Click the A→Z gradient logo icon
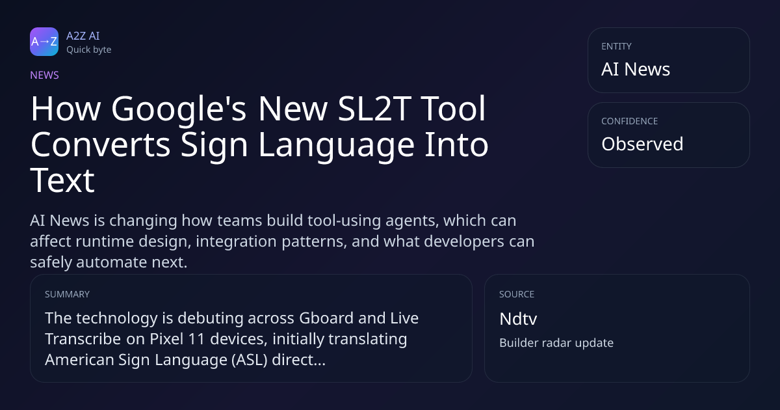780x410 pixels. pyautogui.click(x=44, y=42)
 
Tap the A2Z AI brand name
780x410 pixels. pyautogui.click(x=83, y=36)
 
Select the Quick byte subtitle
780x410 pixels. pyautogui.click(x=89, y=50)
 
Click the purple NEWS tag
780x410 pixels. pyautogui.click(x=45, y=75)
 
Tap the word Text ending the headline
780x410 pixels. pyautogui.click(x=62, y=181)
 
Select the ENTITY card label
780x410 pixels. pyautogui.click(x=616, y=46)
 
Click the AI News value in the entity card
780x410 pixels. pyautogui.click(x=636, y=69)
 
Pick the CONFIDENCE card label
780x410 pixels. pyautogui.click(x=630, y=121)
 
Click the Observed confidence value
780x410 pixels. pyautogui.click(x=642, y=144)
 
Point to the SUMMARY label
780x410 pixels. pyautogui.click(x=67, y=294)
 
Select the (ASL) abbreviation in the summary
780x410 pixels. pyautogui.click(x=250, y=360)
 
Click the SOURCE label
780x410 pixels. pyautogui.click(x=517, y=294)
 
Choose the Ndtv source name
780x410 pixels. pyautogui.click(x=518, y=319)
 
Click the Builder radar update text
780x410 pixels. pyautogui.click(x=556, y=343)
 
